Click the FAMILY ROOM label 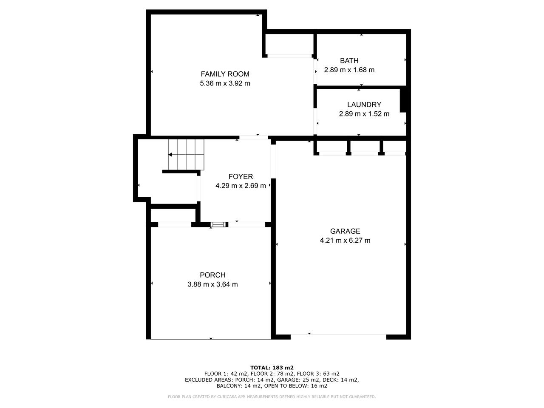point(225,74)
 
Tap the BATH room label point(349,61)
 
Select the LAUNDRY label point(364,105)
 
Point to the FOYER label point(241,176)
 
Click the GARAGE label point(345,231)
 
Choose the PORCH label point(212,275)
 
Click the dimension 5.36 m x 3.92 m point(225,83)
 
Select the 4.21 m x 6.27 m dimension point(345,240)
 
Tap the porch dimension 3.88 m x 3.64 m point(212,284)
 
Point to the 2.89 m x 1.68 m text point(349,70)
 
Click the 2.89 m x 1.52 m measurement point(364,114)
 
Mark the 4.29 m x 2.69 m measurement point(241,186)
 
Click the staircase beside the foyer point(186,155)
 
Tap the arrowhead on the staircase point(170,155)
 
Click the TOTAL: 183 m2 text point(272,368)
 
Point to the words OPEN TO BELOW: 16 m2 point(296,386)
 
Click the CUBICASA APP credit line point(272,397)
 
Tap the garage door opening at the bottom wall point(338,334)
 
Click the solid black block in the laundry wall point(403,99)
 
